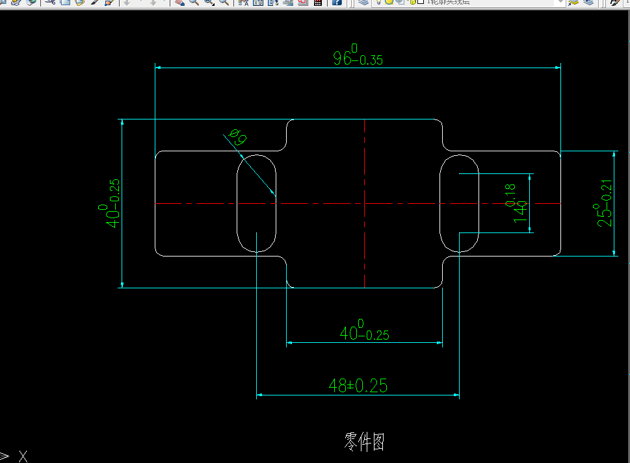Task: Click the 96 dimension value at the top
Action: pos(342,58)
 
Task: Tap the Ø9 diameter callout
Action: pos(238,137)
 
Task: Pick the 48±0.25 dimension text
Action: pos(358,386)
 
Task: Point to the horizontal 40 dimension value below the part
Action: pos(348,333)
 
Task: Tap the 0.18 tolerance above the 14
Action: pos(510,193)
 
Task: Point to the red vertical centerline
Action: pos(365,260)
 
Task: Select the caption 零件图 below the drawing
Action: pos(364,442)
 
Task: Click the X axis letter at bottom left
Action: pos(23,457)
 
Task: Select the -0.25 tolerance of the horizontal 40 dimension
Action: pos(376,336)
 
